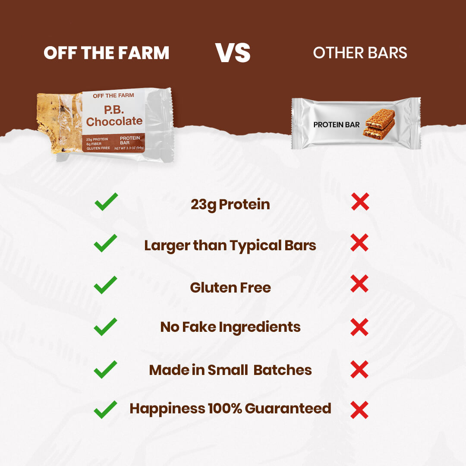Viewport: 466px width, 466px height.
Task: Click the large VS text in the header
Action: click(233, 53)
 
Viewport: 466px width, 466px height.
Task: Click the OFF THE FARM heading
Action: click(107, 53)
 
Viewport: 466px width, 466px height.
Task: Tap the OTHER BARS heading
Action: click(360, 53)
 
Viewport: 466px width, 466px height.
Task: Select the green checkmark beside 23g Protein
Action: click(106, 202)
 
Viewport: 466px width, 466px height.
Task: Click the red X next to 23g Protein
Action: click(360, 202)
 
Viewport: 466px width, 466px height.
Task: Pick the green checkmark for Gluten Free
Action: click(106, 285)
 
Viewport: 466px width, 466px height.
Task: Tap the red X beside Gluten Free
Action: click(359, 283)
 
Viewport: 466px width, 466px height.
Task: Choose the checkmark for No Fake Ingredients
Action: click(106, 327)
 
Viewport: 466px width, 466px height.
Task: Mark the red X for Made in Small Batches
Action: click(359, 369)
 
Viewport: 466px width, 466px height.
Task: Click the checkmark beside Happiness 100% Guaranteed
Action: click(106, 410)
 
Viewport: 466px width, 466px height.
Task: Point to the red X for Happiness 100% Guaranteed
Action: click(359, 410)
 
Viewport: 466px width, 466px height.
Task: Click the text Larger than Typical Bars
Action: click(230, 246)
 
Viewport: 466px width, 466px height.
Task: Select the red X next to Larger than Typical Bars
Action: click(359, 242)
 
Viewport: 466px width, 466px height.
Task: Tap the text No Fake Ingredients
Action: click(230, 327)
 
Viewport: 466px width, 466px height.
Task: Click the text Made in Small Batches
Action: click(230, 370)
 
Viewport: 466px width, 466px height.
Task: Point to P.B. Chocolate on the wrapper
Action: click(114, 116)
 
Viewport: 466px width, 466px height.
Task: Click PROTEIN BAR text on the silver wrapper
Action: click(337, 125)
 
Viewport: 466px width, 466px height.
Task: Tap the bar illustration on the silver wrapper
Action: click(379, 124)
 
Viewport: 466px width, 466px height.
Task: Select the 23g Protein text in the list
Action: click(230, 205)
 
